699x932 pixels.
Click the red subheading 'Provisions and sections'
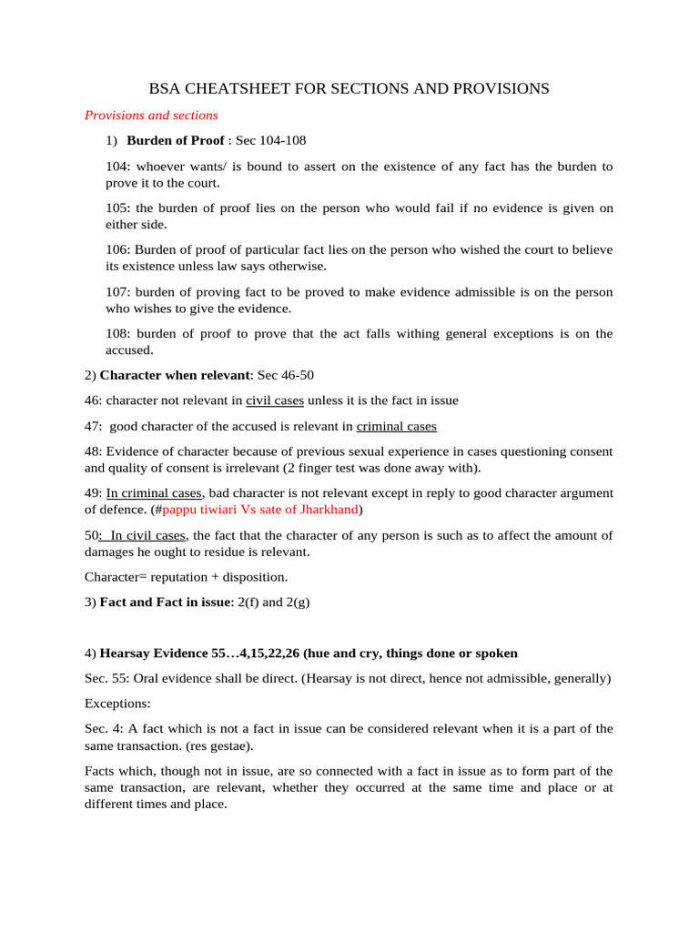(x=151, y=116)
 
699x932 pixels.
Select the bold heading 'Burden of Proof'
(x=175, y=141)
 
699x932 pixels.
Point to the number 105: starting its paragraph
(x=118, y=208)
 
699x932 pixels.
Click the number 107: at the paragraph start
(x=118, y=292)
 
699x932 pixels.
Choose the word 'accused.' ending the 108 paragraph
(x=129, y=349)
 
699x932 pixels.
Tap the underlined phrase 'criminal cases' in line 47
(x=396, y=426)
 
